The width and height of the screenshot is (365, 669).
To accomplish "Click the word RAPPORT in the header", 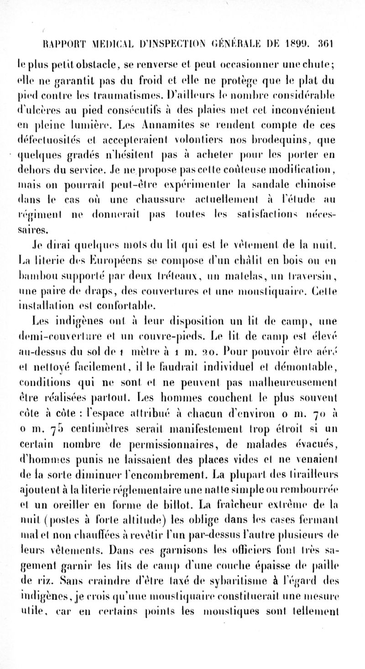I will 58,45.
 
